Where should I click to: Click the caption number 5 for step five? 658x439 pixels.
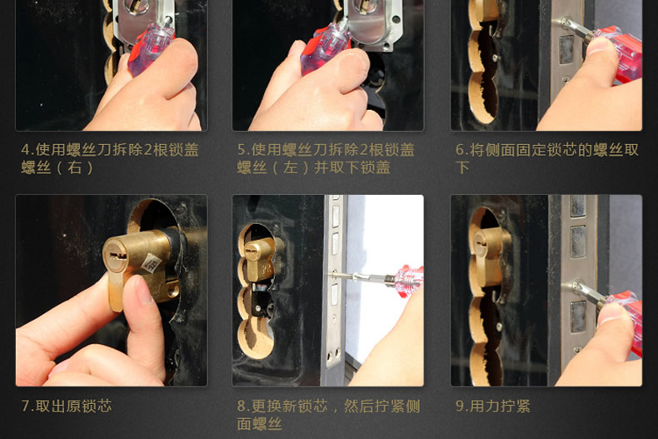242,151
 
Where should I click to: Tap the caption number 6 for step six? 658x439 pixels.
460,151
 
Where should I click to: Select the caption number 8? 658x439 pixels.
242,407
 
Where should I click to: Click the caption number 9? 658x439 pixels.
460,407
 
